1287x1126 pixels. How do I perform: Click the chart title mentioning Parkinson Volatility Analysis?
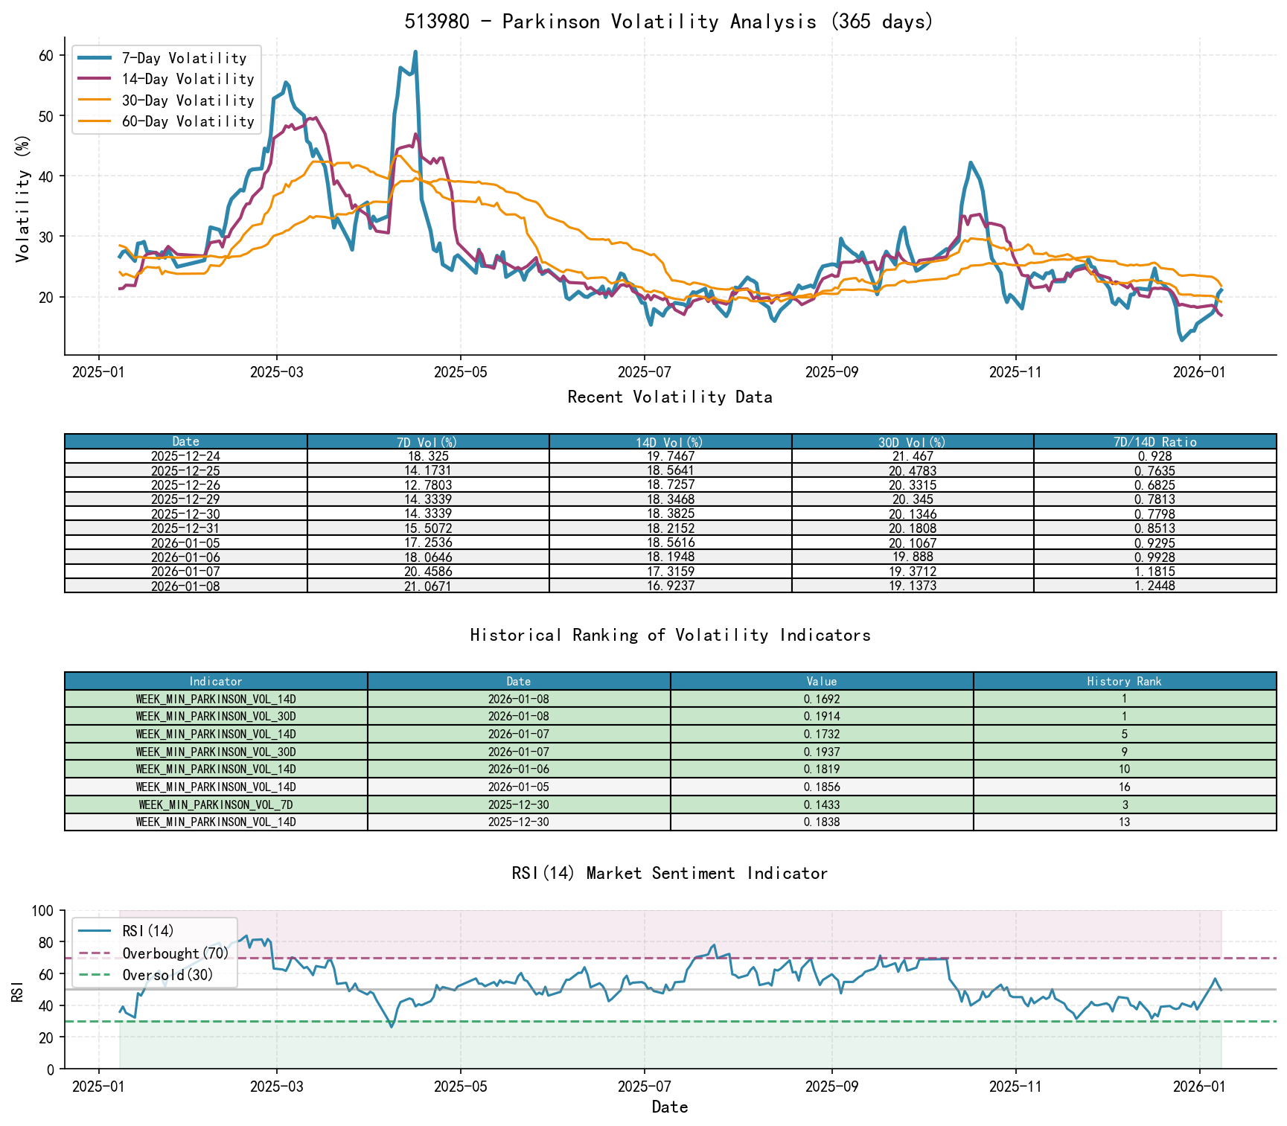click(x=668, y=22)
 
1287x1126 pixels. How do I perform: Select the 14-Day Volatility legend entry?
click(x=188, y=79)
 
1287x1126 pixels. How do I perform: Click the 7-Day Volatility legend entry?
click(x=184, y=58)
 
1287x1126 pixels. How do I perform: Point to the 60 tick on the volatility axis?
click(x=46, y=56)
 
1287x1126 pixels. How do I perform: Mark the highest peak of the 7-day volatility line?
click(x=415, y=52)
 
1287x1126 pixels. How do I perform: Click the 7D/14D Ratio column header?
click(x=1155, y=442)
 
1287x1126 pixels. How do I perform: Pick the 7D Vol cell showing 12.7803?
click(x=428, y=485)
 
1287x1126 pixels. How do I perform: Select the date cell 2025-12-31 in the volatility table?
click(x=185, y=528)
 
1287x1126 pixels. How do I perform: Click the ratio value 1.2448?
click(x=1155, y=586)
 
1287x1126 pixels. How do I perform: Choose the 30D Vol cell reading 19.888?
click(x=913, y=557)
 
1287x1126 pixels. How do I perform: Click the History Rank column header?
click(x=1124, y=682)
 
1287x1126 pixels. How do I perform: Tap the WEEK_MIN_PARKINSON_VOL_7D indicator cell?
click(x=216, y=804)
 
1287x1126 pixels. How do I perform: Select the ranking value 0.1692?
click(x=822, y=699)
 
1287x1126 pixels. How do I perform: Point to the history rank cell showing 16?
click(x=1124, y=787)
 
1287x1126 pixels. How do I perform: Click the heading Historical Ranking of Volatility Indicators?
click(x=670, y=635)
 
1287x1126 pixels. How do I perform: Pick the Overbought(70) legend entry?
click(x=176, y=953)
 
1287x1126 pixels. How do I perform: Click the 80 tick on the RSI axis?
click(x=46, y=943)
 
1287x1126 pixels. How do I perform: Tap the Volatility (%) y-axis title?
click(x=22, y=198)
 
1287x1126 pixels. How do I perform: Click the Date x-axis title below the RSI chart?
click(x=669, y=1107)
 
